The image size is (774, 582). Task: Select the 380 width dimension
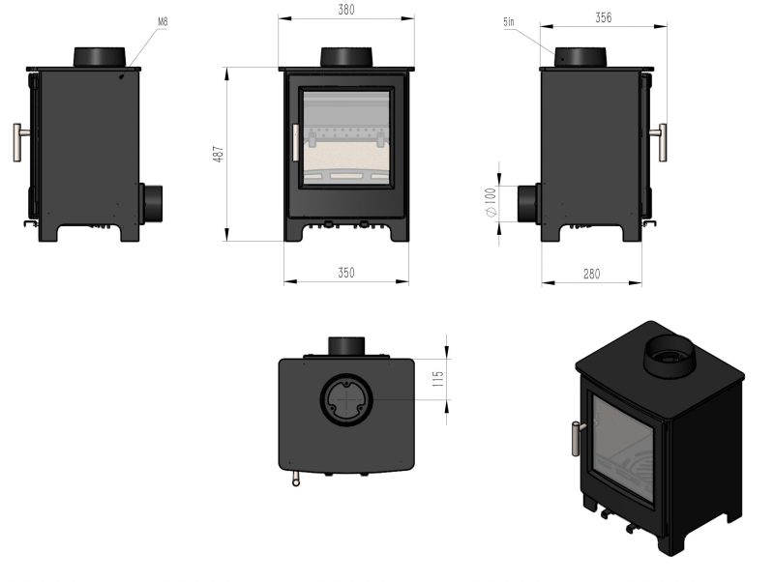(346, 11)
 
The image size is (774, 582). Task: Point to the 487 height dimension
(219, 153)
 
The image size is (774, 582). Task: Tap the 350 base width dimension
(345, 274)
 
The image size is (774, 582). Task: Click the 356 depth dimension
(605, 17)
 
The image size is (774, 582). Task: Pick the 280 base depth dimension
(591, 275)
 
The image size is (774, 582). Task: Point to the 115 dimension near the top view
(437, 379)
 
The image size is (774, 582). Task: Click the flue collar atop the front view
(346, 57)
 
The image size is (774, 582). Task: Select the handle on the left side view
(19, 142)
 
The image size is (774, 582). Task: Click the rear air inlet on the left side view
(153, 203)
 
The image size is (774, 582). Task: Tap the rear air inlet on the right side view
(528, 203)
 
